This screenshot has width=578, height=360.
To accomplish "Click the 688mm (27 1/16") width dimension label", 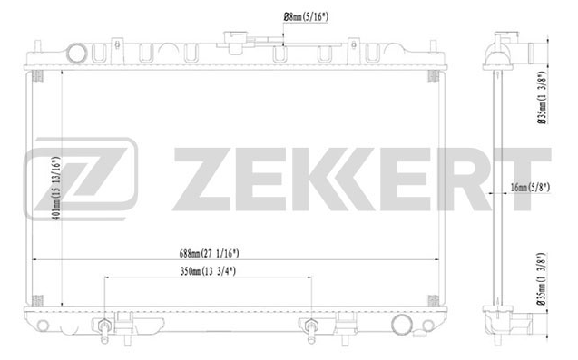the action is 209,254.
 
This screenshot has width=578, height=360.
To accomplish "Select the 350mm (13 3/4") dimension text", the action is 208,271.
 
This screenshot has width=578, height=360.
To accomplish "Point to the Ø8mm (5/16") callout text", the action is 306,17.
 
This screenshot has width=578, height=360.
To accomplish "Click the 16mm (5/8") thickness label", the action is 530,187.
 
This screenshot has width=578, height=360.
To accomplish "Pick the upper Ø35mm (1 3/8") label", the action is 541,98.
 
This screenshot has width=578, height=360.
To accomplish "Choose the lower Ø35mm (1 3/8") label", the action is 541,279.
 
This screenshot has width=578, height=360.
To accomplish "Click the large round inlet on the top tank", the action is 77,54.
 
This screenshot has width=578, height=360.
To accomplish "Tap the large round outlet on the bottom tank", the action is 402,325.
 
